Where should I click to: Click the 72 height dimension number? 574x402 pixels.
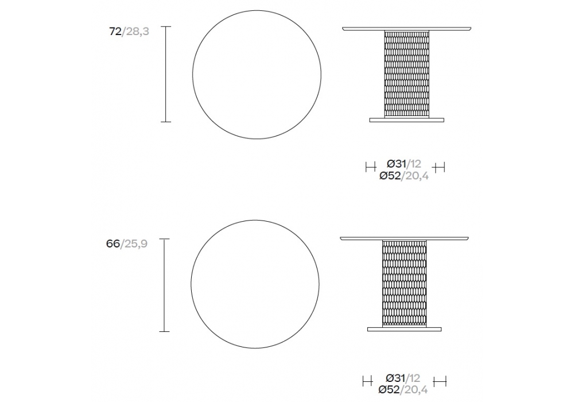(115, 32)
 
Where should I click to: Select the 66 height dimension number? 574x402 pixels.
(113, 243)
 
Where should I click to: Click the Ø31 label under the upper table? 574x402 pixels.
(397, 164)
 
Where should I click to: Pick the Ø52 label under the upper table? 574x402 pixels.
(390, 176)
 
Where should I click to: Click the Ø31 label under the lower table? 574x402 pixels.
(395, 377)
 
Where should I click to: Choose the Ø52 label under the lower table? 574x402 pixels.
(389, 390)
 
